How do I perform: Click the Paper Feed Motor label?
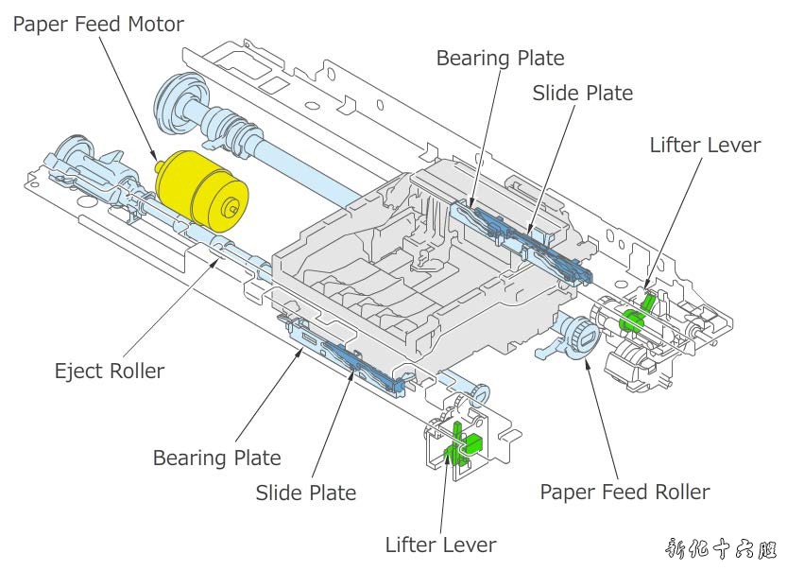pos(98,24)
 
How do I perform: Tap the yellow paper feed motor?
pos(200,190)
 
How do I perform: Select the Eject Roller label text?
pos(110,371)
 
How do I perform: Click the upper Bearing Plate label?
pos(500,59)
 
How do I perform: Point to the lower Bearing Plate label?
pos(217,459)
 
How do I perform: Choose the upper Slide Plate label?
pos(582,93)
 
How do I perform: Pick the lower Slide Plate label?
pos(306,493)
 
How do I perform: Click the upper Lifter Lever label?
pos(705,145)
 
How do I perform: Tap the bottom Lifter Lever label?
pos(440,545)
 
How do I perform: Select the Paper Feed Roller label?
pos(624,492)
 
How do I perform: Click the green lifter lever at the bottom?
pos(459,443)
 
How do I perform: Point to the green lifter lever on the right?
pos(634,316)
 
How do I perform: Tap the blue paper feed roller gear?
pos(577,334)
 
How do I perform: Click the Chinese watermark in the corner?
pos(721,549)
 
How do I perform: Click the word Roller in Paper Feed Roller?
pos(677,492)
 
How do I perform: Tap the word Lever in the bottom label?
pos(470,545)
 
